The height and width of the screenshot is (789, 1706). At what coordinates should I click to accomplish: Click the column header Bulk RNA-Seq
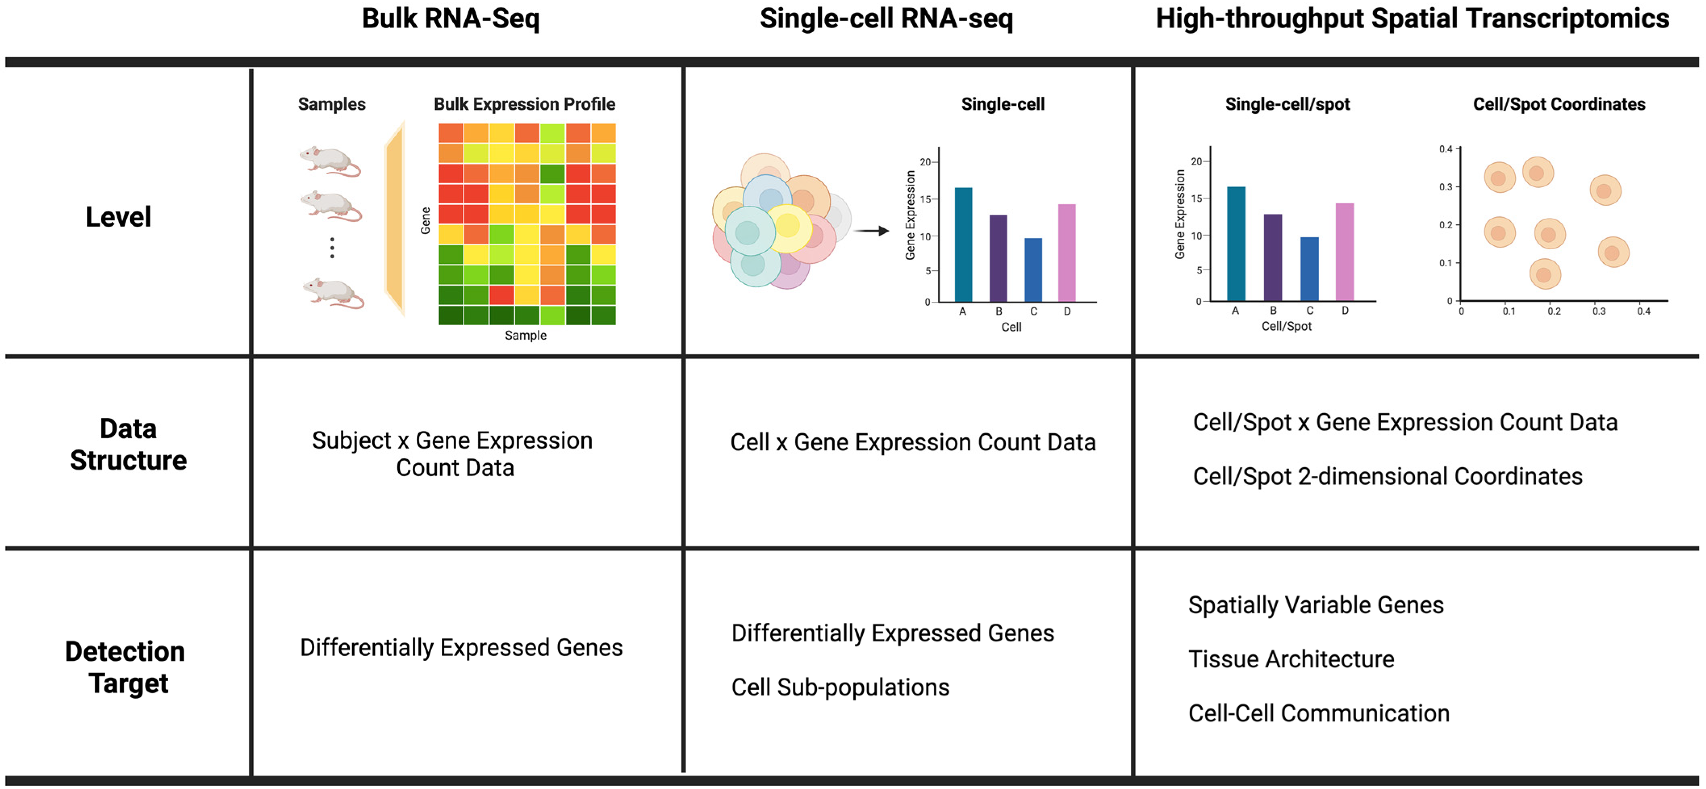[450, 19]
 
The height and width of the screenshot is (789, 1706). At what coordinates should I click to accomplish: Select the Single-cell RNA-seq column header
[886, 19]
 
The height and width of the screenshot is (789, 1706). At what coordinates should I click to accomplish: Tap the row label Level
[118, 217]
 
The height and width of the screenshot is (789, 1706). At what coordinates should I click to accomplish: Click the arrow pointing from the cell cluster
[871, 231]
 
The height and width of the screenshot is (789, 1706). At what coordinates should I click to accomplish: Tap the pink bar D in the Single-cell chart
[1066, 253]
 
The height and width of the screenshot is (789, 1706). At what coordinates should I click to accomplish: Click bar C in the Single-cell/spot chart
[1309, 269]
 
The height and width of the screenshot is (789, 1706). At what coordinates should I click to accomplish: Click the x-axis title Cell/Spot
[1286, 326]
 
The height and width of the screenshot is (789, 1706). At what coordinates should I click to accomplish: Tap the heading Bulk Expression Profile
[524, 104]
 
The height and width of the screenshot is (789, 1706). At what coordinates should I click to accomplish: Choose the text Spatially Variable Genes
[1315, 605]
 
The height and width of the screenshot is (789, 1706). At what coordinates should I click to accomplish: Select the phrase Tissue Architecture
[1291, 659]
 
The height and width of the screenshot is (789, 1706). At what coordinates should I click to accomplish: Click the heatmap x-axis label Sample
[525, 335]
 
